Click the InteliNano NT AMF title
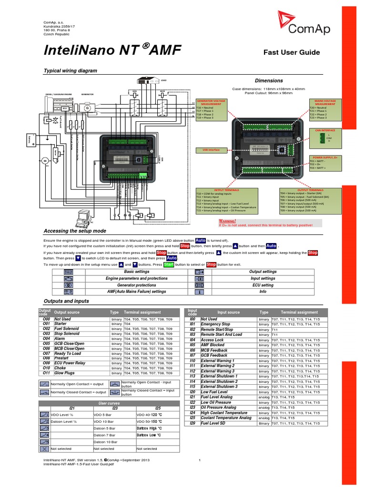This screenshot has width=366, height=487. coord(112,50)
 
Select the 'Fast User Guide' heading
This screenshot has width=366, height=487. coord(292,52)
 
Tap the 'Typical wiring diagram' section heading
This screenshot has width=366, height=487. coord(70,70)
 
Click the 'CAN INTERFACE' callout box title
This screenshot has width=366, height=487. coord(325,130)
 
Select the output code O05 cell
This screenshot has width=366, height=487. coord(46,343)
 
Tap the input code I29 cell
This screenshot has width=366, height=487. coord(193,423)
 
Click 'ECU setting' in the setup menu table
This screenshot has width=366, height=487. coord(263,285)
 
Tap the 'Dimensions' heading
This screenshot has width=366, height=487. coord(269,81)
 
